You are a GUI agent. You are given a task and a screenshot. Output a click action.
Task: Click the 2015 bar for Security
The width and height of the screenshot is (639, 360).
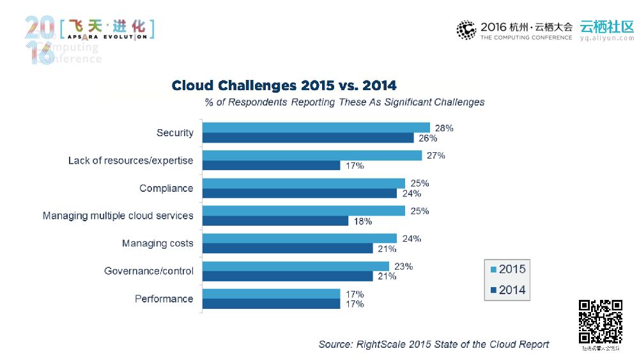click(x=316, y=128)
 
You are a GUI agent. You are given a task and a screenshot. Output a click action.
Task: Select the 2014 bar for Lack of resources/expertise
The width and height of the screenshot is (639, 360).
click(x=272, y=166)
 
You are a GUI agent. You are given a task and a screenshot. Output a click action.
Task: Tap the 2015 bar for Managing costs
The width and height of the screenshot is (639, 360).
click(x=300, y=239)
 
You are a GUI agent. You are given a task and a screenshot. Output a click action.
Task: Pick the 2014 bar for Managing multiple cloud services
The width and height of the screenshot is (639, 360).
click(x=275, y=221)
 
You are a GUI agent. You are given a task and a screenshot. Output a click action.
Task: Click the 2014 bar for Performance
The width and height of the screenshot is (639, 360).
click(x=272, y=304)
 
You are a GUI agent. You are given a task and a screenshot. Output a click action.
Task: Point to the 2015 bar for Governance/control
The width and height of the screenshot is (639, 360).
click(x=296, y=266)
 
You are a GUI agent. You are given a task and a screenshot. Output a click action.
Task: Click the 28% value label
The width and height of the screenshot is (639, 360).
click(x=443, y=128)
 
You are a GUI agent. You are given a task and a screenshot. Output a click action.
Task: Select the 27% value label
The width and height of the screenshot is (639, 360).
click(x=436, y=155)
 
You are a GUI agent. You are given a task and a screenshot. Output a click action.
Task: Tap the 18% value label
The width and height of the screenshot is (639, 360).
click(x=363, y=221)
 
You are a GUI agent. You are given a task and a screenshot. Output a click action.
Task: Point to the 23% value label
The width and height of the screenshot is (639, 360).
click(x=403, y=266)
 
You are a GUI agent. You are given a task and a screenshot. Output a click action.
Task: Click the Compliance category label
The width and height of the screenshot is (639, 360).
click(x=166, y=188)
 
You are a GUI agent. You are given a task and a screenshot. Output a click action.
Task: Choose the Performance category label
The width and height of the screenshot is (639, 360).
click(x=164, y=299)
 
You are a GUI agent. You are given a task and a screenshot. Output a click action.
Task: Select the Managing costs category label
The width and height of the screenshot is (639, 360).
click(x=157, y=244)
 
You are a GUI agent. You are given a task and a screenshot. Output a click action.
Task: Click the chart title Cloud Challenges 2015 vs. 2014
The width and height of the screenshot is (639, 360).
click(x=284, y=86)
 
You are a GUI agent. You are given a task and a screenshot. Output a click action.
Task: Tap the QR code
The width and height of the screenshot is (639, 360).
click(x=601, y=322)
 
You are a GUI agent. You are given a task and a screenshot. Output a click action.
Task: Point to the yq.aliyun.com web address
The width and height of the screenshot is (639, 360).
click(x=606, y=38)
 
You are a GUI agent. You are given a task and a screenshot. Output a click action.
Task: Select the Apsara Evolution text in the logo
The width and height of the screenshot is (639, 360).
click(x=107, y=37)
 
